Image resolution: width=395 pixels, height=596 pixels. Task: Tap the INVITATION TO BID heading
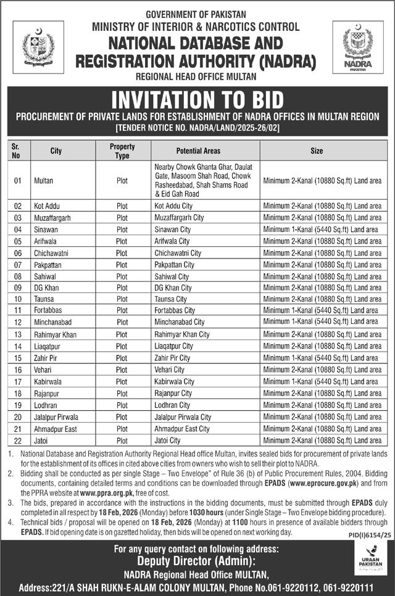coord(197,99)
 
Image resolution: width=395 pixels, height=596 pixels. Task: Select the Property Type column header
coord(122,151)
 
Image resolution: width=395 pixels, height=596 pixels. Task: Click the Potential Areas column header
coord(198,151)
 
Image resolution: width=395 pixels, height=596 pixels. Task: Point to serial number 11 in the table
coord(17,310)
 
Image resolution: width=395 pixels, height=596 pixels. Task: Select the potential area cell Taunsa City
coord(170,299)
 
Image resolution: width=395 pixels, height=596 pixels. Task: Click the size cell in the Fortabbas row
coord(321,310)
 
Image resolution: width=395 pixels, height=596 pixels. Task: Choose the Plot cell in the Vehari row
coord(122,370)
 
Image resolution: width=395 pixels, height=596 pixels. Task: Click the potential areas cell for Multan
coord(198,180)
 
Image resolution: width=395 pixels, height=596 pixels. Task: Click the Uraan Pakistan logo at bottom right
coord(370,565)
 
